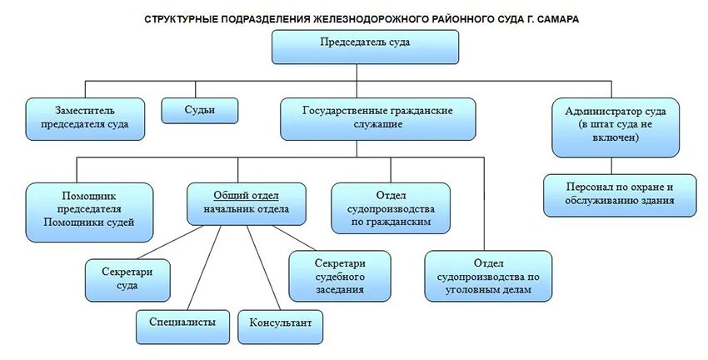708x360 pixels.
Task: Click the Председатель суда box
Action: coord(365,47)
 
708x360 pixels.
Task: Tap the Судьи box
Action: coord(200,111)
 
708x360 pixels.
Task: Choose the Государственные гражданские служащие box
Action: coord(377,117)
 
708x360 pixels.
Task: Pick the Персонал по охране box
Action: coord(620,194)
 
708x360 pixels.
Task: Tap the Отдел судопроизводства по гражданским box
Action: coord(391,207)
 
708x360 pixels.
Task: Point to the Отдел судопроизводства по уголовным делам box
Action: coord(488,275)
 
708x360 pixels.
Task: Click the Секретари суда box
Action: coord(127,279)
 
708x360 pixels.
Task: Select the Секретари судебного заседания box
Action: coord(340,275)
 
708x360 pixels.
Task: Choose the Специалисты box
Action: coord(182,321)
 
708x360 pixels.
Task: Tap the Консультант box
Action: coord(280,321)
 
